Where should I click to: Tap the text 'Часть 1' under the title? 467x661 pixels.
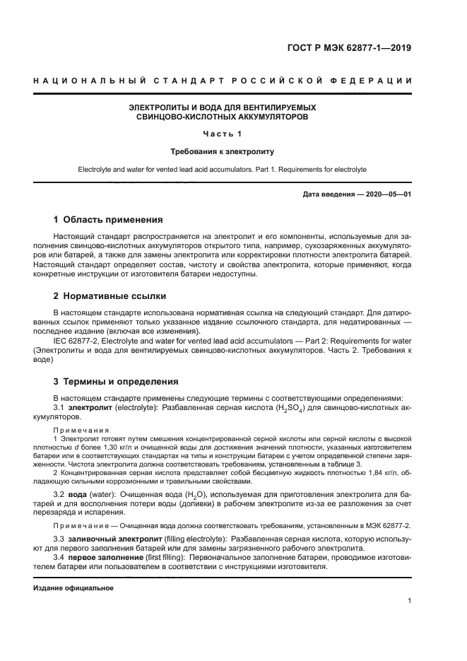(x=222, y=134)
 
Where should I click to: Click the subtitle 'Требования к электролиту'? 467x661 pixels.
(x=222, y=151)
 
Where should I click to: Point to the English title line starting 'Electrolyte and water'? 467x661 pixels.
(x=222, y=170)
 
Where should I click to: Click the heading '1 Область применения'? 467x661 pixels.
(x=108, y=219)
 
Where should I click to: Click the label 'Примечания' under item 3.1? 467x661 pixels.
(x=81, y=429)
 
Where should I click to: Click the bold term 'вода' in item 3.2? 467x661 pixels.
(x=78, y=495)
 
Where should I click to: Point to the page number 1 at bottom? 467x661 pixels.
(x=410, y=601)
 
